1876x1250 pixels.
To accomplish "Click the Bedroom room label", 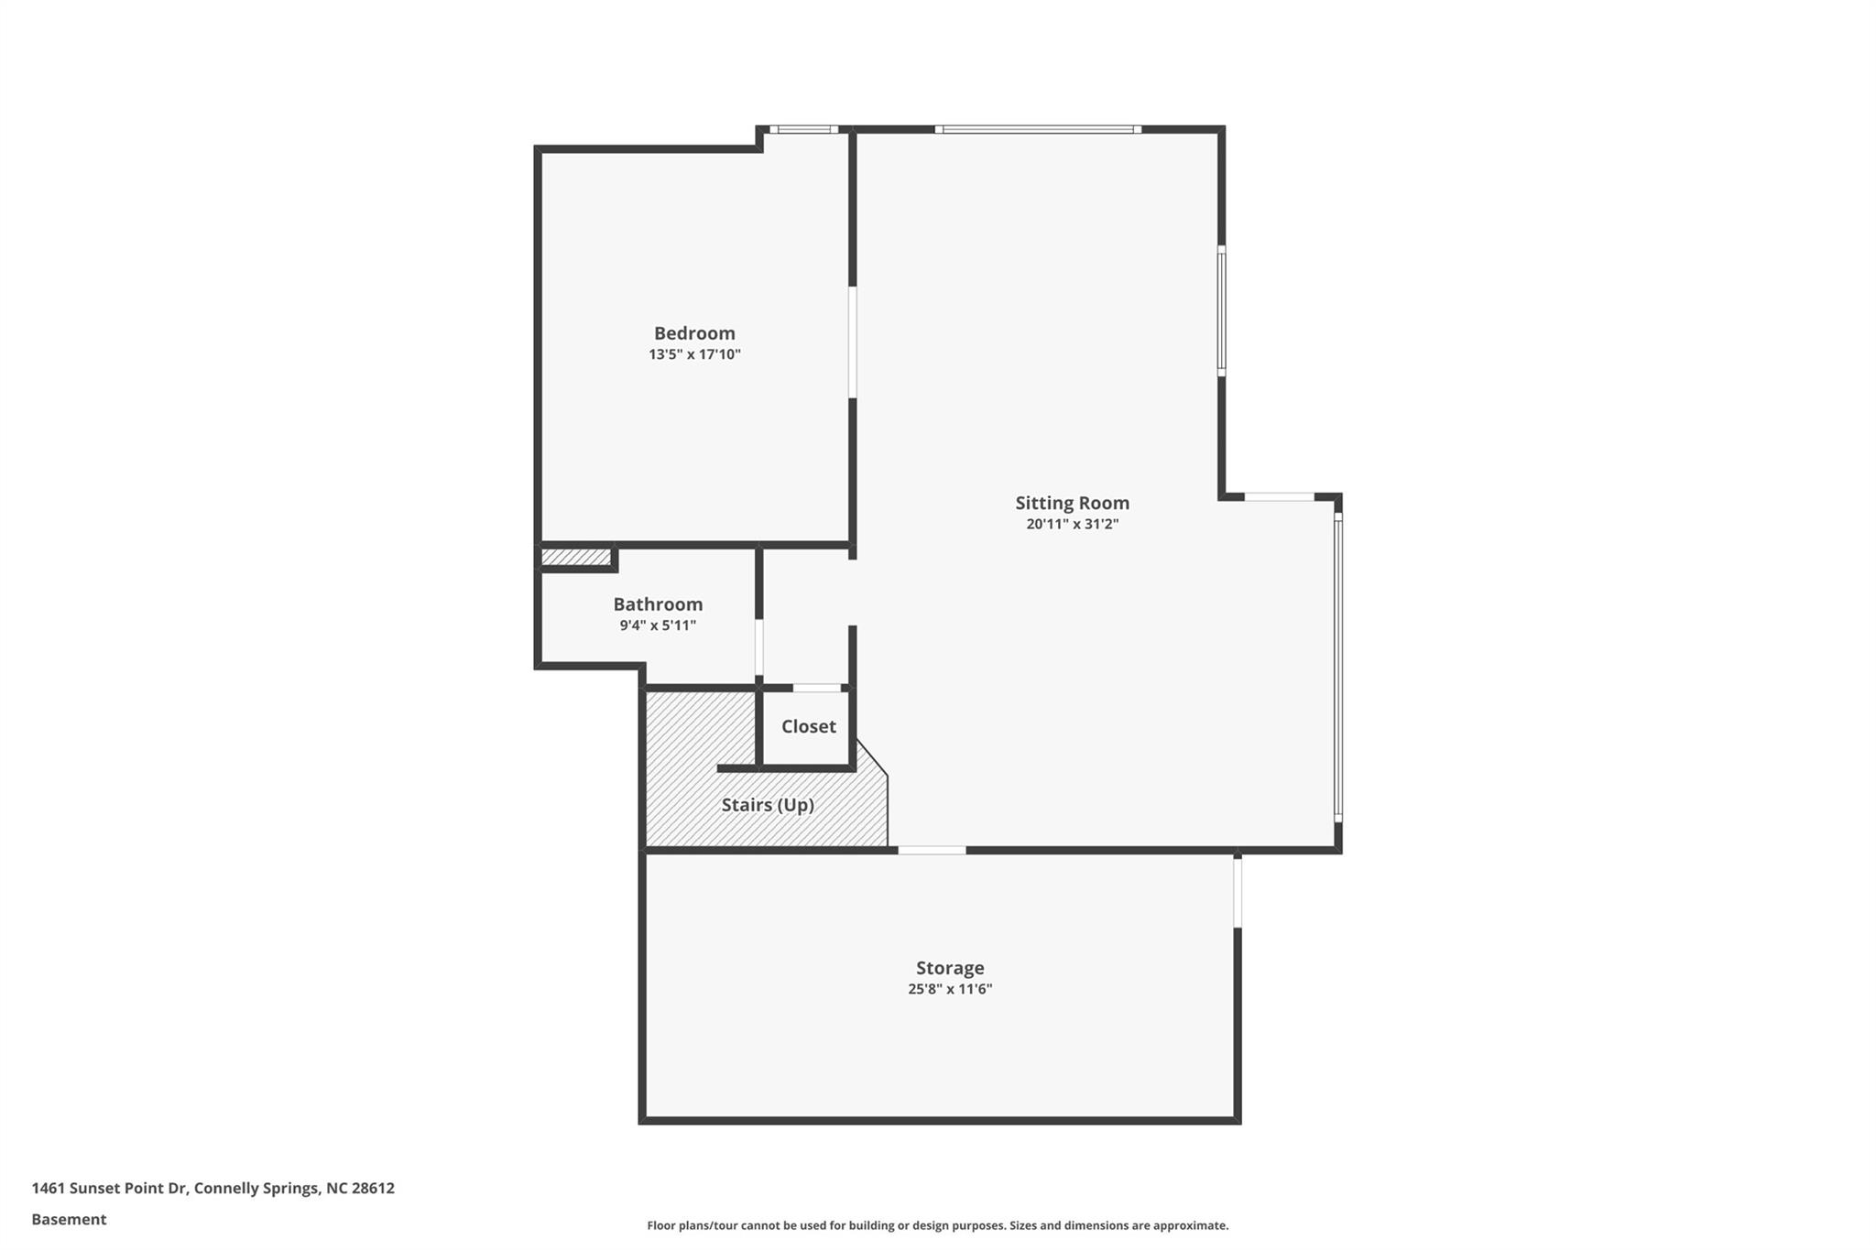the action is pyautogui.click(x=694, y=333).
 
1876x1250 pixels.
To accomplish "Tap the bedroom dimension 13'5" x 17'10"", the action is pyautogui.click(x=694, y=354).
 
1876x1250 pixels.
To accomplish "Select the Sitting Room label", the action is pyautogui.click(x=1072, y=503).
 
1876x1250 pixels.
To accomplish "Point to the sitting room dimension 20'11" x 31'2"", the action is pyautogui.click(x=1072, y=524).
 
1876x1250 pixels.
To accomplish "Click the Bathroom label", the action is pyautogui.click(x=658, y=604).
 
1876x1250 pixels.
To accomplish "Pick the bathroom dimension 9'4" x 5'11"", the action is pyautogui.click(x=658, y=625).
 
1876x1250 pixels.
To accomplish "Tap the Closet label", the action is pyautogui.click(x=808, y=726).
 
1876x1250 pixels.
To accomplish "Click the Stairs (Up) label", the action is pyautogui.click(x=768, y=805).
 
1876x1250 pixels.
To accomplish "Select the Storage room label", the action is pyautogui.click(x=950, y=968).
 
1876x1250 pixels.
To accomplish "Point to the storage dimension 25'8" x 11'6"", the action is pyautogui.click(x=950, y=989).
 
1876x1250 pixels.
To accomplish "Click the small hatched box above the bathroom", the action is pyautogui.click(x=576, y=557).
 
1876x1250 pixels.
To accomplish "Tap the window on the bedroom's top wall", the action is pyautogui.click(x=803, y=129).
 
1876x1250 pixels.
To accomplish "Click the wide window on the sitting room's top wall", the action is pyautogui.click(x=1038, y=129).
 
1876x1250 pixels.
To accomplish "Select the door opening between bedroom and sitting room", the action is pyautogui.click(x=852, y=342).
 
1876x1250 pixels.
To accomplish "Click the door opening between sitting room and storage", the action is pyautogui.click(x=932, y=851).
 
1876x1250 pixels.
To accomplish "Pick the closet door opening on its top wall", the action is pyautogui.click(x=817, y=688).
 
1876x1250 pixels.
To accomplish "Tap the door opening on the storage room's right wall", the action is pyautogui.click(x=1238, y=893).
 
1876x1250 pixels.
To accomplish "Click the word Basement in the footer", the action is pyautogui.click(x=69, y=1220).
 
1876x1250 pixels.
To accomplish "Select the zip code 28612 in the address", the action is pyautogui.click(x=373, y=1189).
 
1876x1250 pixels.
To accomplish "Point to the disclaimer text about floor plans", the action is pyautogui.click(x=937, y=1225).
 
